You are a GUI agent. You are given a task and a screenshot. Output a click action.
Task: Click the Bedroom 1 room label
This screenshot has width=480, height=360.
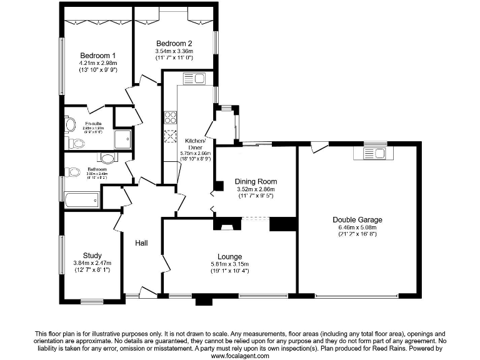[97, 55]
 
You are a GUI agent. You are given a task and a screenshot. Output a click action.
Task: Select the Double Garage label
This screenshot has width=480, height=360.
[357, 219]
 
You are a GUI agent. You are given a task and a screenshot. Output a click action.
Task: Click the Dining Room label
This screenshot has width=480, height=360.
[256, 182]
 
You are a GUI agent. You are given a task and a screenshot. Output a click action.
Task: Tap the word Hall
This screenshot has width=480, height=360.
[142, 244]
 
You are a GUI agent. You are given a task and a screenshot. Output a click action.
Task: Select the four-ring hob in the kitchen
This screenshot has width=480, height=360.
[169, 117]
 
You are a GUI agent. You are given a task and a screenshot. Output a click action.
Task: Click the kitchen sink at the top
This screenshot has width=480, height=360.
[194, 79]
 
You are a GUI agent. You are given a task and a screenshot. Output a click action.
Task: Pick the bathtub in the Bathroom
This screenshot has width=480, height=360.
[81, 201]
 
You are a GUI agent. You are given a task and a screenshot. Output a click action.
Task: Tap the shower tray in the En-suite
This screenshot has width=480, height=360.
[122, 139]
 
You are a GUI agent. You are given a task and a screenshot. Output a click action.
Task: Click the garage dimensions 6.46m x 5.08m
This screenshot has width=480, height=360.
[357, 227]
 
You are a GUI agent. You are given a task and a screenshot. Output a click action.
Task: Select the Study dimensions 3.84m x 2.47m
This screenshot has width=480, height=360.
[91, 262]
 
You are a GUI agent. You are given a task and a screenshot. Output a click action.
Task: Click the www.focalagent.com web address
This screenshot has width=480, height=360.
[240, 355]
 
